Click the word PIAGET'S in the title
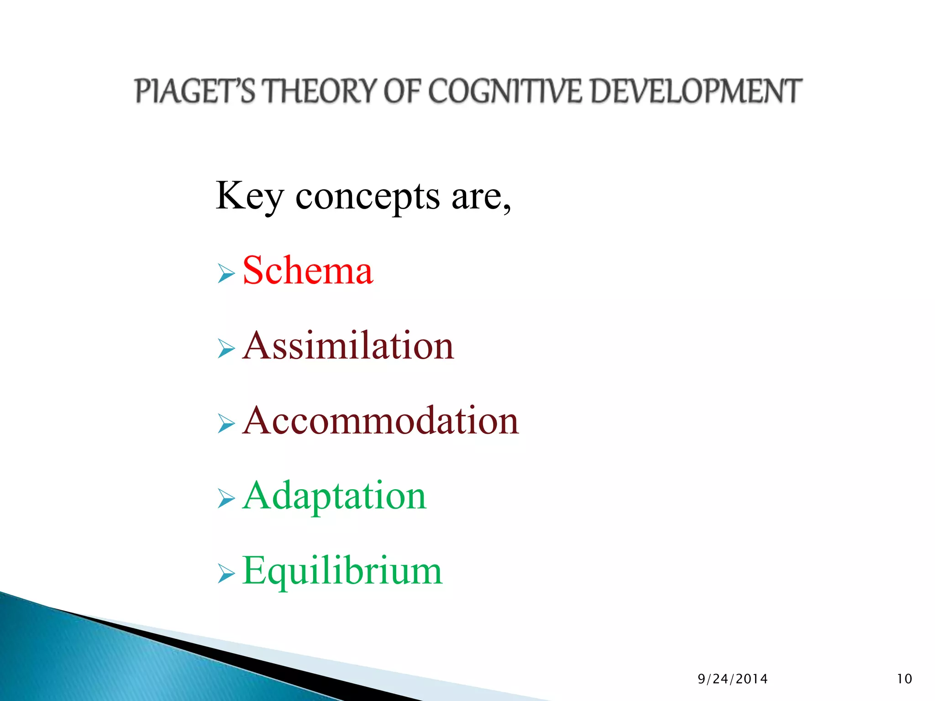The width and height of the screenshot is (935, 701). tap(195, 91)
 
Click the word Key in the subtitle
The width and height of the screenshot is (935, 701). tap(249, 197)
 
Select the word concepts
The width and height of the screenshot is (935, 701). tap(368, 198)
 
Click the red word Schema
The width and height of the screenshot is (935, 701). tap(308, 271)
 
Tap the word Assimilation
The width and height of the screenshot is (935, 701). tap(348, 345)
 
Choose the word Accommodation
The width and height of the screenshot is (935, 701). tap(380, 420)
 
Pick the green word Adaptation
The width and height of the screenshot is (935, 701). tap(334, 496)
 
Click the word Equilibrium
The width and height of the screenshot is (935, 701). tap(342, 571)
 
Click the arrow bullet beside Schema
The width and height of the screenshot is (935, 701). tap(226, 274)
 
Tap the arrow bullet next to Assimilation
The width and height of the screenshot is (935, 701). tap(226, 349)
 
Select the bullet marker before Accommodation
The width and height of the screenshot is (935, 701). tap(226, 424)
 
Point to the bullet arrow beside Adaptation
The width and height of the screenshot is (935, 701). tap(226, 499)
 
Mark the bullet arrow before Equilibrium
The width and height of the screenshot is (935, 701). tap(226, 574)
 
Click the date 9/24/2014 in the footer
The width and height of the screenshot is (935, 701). tap(733, 679)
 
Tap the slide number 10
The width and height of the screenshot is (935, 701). tap(904, 679)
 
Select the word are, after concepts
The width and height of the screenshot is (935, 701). tap(481, 198)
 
